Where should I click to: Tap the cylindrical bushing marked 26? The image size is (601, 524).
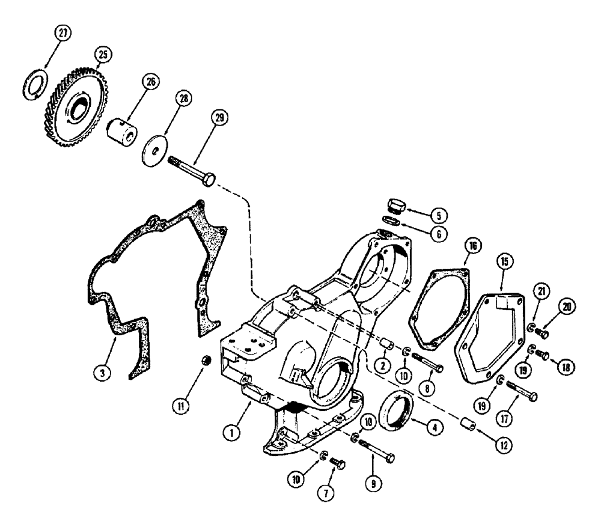119,130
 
